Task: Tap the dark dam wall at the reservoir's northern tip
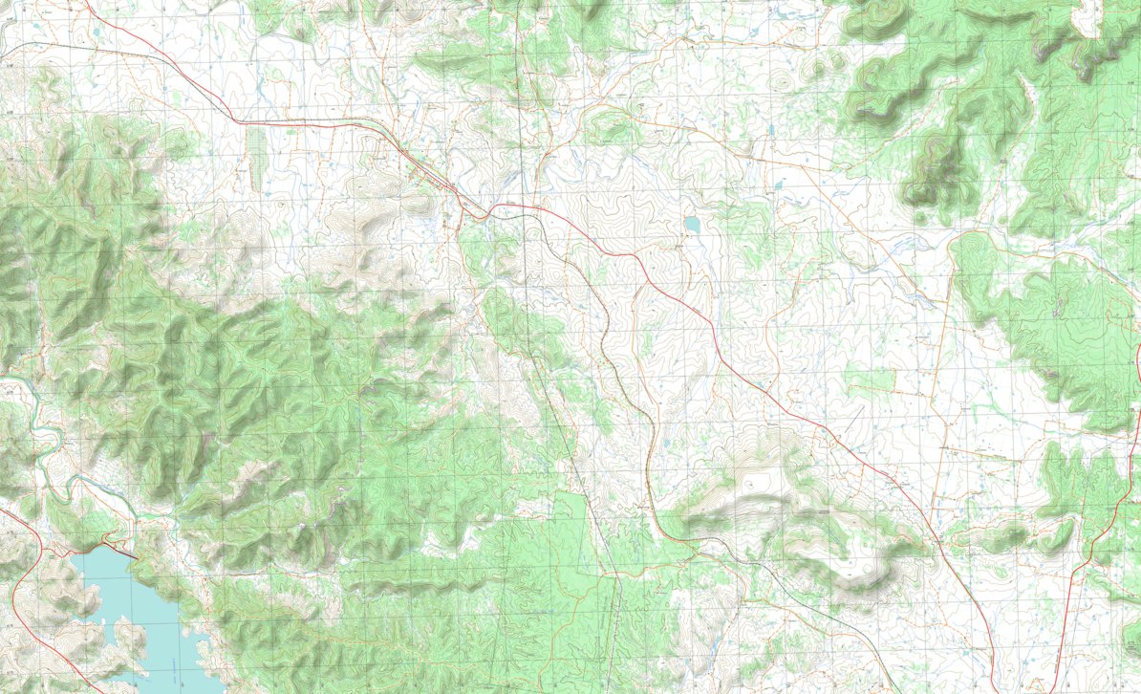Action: click(118, 549)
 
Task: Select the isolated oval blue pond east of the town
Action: click(691, 225)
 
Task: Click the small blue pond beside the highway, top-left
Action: click(97, 34)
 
